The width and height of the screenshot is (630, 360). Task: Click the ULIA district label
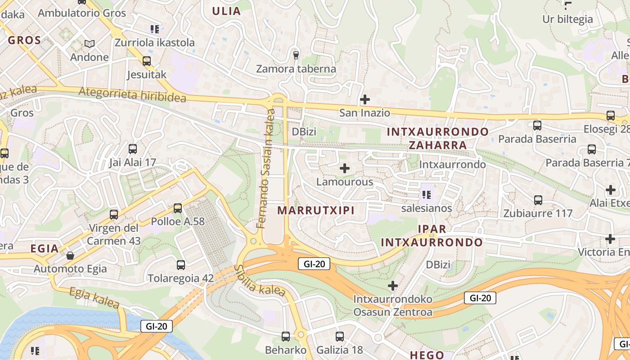coord(226,11)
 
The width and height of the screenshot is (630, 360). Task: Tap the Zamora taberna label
coord(296,69)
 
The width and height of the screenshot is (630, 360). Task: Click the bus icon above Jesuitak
coord(147,61)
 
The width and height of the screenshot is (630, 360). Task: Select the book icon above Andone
coord(90,44)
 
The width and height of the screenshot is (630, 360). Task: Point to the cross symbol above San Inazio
coord(365,99)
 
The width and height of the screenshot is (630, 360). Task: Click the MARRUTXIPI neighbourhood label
coord(316,210)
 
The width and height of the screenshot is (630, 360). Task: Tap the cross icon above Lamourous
coord(345,169)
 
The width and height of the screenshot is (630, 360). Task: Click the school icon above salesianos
coord(427,195)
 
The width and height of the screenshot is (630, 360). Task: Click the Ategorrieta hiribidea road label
coord(132,94)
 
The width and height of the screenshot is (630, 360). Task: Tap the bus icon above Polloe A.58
coord(178,208)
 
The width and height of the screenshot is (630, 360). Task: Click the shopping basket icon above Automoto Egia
coord(70,256)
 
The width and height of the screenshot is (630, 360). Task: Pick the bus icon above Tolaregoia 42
coord(181,265)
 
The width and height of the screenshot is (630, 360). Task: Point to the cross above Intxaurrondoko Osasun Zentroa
coord(393,286)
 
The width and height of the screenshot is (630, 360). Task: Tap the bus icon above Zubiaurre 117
coord(538,200)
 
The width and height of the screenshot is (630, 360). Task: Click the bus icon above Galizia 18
coord(340,336)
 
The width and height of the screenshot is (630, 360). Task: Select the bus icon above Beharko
coord(285,336)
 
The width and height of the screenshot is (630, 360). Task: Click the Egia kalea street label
coord(94,298)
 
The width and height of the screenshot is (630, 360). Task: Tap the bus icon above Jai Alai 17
coord(132,148)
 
